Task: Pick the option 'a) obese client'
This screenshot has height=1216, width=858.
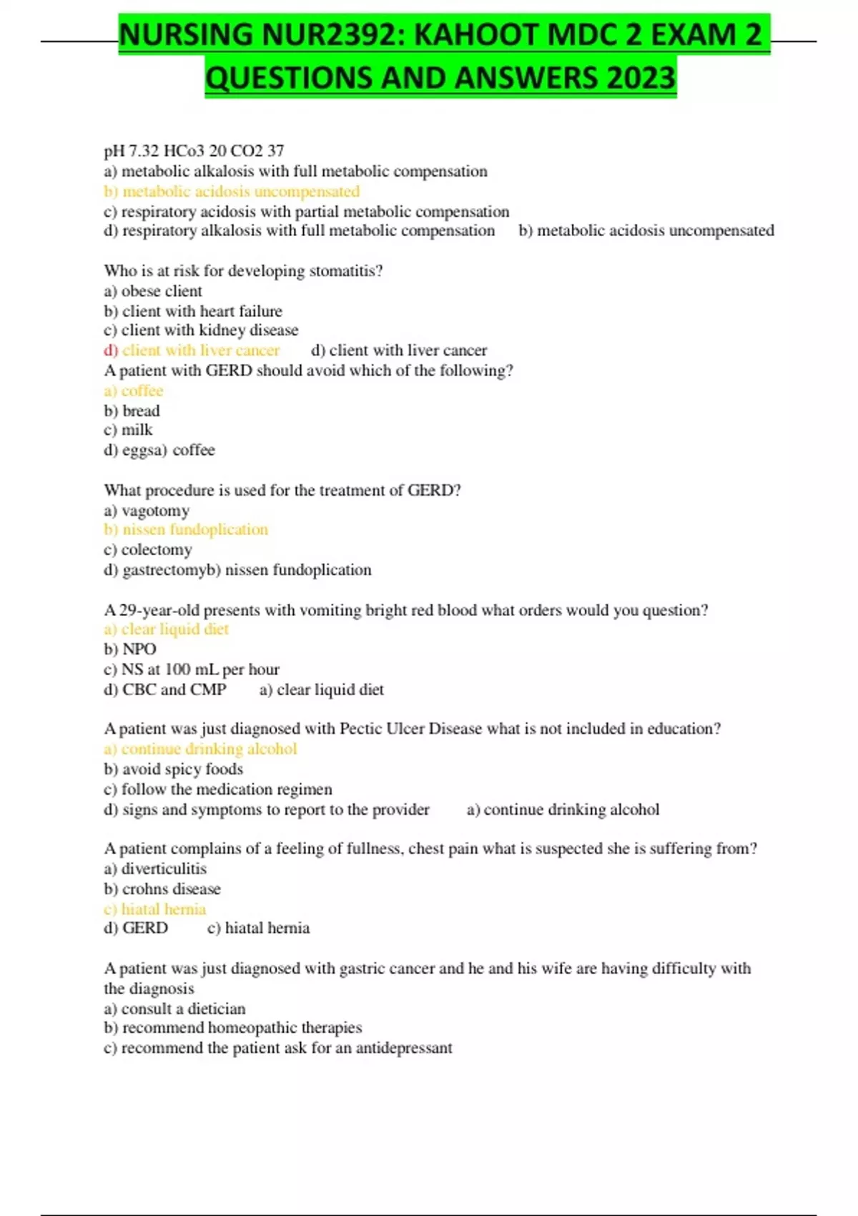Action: (153, 291)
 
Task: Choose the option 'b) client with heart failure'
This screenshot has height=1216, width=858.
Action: (193, 311)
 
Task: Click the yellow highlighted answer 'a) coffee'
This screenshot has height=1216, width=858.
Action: (134, 391)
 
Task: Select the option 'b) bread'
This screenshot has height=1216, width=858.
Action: (132, 411)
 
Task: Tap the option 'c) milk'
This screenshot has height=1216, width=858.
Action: (128, 430)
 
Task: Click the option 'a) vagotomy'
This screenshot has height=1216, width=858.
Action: (147, 511)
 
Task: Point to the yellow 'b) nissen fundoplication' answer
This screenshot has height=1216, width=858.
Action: (186, 529)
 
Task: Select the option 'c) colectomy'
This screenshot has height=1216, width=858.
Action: (148, 549)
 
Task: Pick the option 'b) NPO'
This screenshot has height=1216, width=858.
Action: (130, 649)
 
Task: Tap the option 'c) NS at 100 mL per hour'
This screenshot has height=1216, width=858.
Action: (192, 670)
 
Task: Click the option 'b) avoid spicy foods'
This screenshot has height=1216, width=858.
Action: (174, 769)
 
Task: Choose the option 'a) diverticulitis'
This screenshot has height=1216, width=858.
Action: (155, 868)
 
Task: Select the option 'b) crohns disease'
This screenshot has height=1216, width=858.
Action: (162, 889)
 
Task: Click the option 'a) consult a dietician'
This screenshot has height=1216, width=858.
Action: (174, 1009)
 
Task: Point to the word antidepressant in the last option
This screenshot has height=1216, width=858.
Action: (404, 1048)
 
